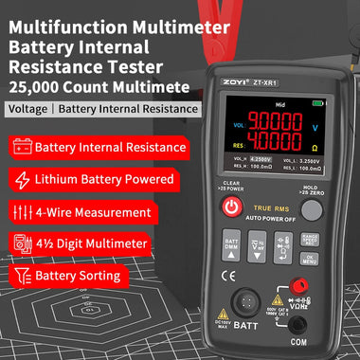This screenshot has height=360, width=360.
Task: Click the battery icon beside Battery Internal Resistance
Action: coord(23,147)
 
